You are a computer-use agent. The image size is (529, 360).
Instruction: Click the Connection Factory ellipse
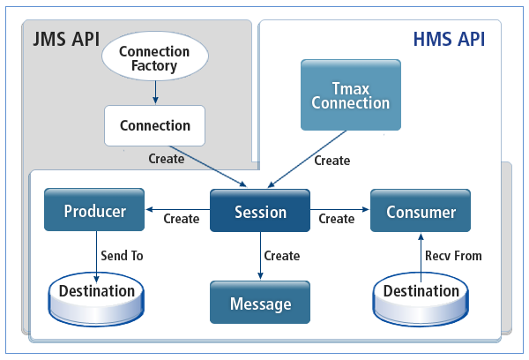tap(154, 57)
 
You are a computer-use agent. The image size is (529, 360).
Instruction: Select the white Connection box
tap(154, 125)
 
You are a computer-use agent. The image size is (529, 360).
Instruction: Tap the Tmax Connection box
tap(350, 95)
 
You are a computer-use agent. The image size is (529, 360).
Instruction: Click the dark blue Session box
tap(260, 212)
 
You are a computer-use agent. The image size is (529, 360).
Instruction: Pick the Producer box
tap(95, 212)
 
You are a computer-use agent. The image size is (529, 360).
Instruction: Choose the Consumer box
tap(420, 212)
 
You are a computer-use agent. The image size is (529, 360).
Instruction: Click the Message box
tap(260, 304)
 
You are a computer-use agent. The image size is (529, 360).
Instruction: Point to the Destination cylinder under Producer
tap(97, 293)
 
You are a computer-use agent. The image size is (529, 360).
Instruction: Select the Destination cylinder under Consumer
tap(420, 293)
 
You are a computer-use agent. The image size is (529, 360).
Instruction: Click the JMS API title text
tap(65, 41)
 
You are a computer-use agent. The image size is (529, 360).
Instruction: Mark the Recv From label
tap(453, 256)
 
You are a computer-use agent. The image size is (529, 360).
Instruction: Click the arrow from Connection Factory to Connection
tap(154, 91)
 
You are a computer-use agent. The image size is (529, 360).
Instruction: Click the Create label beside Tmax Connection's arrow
tap(332, 161)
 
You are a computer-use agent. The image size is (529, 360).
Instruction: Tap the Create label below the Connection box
tap(167, 159)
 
